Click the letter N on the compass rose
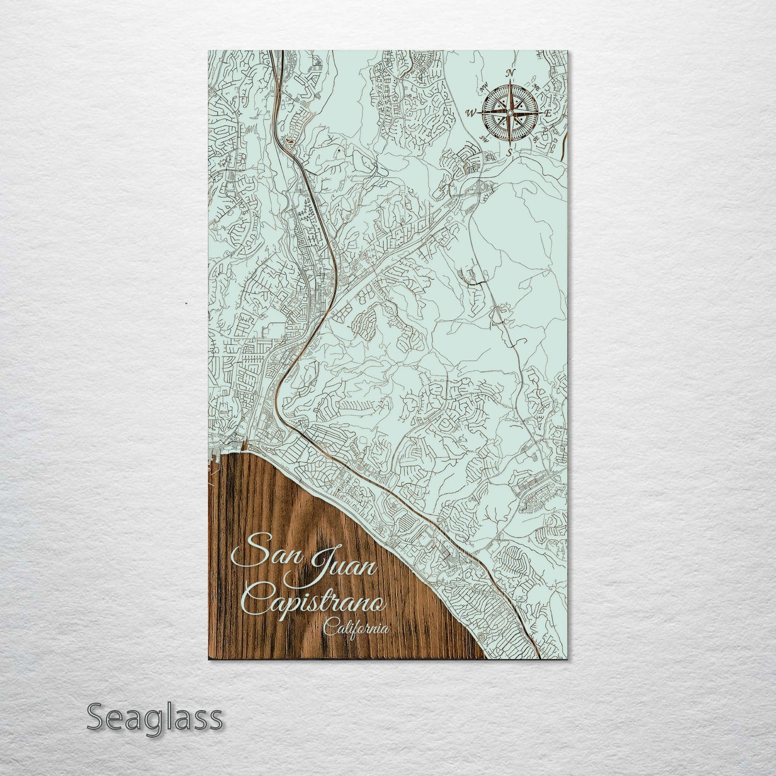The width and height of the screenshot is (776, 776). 512,73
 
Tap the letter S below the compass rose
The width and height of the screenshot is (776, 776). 510,153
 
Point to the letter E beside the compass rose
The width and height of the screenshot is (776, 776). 548,113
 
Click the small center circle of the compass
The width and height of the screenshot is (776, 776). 510,113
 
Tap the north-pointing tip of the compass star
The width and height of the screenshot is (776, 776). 511,82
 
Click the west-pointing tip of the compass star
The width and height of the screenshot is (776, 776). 479,113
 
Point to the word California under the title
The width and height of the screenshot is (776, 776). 356,629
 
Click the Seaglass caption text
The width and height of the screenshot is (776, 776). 154,718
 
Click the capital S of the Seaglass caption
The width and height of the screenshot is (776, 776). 96,717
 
